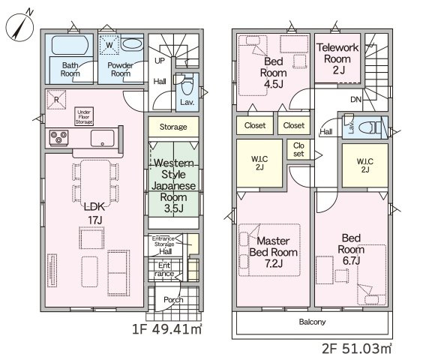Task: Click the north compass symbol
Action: (19, 26)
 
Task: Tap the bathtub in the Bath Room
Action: (70, 44)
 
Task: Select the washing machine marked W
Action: (109, 45)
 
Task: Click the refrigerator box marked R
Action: (56, 100)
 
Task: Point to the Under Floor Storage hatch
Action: (84, 116)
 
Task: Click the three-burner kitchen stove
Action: (58, 138)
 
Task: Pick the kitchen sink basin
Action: (102, 138)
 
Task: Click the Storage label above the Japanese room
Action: (173, 127)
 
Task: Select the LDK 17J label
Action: (95, 213)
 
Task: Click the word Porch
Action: (173, 300)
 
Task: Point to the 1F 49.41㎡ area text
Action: (166, 330)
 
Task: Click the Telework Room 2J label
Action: (337, 59)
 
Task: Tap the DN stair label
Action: (355, 99)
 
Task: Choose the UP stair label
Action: (160, 61)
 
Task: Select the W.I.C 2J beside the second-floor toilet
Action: (364, 165)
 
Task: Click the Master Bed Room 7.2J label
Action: (274, 252)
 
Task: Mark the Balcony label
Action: (313, 322)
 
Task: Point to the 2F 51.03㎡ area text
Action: (357, 349)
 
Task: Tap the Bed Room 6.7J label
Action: (351, 249)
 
